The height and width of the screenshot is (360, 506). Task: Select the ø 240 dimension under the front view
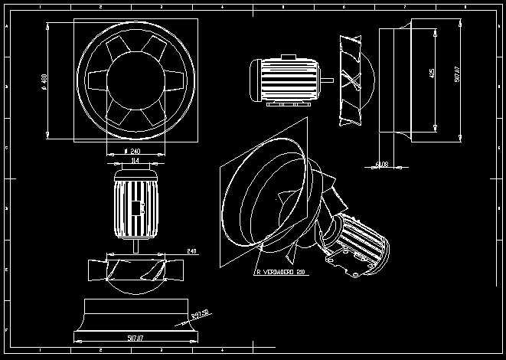[x=135, y=151]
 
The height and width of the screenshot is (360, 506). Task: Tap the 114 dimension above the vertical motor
[x=135, y=161]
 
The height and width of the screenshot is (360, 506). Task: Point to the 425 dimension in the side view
[x=433, y=74]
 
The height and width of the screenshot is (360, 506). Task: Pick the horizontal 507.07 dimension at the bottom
[x=135, y=335]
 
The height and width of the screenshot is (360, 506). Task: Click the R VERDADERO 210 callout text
[x=282, y=272]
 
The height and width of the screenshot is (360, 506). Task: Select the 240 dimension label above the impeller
[x=191, y=250]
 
